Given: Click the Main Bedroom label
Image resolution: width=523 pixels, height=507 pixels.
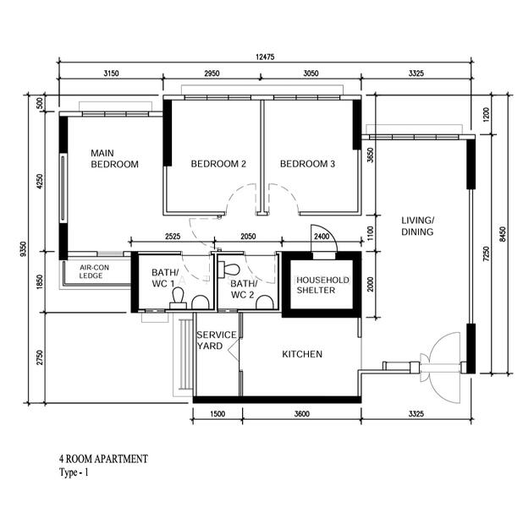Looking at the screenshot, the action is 114,159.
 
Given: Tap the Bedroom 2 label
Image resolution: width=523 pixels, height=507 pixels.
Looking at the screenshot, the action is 218,164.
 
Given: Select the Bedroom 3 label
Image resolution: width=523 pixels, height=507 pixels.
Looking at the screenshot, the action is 307,164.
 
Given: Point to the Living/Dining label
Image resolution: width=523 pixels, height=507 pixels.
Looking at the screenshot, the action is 417,226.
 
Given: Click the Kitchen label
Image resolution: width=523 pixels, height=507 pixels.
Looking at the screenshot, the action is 302,354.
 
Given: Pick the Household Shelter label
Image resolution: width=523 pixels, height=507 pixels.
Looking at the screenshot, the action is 322,285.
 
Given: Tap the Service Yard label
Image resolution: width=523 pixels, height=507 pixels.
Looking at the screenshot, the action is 216,340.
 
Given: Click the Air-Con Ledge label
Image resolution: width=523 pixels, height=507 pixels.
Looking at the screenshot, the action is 94,271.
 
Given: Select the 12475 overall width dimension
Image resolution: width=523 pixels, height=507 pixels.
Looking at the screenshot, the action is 265,57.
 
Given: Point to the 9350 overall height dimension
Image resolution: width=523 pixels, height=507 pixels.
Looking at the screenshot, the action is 23,249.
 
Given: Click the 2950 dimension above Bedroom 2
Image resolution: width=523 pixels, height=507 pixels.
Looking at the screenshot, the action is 212,74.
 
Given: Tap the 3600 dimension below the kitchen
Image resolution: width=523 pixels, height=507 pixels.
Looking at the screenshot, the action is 302,414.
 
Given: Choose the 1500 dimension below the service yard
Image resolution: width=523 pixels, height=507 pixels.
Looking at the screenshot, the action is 217,414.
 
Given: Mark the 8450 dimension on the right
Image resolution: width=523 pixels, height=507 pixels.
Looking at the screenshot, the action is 504,234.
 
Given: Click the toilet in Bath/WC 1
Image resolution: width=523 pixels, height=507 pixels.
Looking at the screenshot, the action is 178,298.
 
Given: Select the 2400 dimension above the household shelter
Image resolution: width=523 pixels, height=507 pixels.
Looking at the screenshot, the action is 322,237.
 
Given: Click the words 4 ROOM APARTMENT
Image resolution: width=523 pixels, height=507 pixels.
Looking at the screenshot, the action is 103,459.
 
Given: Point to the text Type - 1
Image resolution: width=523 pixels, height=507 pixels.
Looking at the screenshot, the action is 74,472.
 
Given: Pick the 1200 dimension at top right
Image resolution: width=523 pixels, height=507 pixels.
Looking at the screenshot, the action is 487,114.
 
